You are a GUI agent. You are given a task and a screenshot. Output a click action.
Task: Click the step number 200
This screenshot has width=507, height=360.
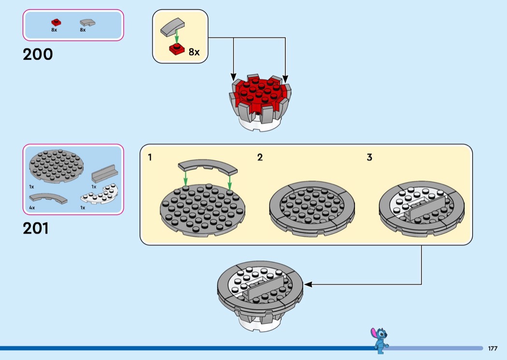pos(38,54)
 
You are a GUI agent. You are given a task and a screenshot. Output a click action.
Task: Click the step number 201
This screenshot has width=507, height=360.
pos(36,228)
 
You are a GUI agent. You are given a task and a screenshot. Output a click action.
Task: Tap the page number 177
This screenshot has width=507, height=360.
pos(493,348)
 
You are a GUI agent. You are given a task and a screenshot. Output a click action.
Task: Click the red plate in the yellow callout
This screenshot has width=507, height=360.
pos(177,49)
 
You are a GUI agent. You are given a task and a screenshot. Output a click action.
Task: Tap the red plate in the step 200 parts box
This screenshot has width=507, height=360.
pos(56,22)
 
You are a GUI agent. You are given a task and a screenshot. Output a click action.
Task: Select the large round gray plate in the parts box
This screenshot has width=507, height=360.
pos(56,164)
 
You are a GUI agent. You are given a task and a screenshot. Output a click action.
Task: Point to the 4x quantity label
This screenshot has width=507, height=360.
pos(32,207)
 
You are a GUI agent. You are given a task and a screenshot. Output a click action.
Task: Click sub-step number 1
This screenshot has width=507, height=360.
pos(150,157)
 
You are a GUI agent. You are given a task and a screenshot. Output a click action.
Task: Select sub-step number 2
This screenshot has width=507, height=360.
pos(260,157)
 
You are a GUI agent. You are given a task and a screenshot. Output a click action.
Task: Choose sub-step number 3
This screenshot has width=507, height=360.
pos(369,157)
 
